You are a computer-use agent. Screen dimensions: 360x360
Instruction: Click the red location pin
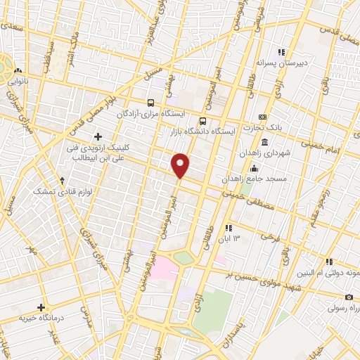pyautogui.click(x=181, y=165)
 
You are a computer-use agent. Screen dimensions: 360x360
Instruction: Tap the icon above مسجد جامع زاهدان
pyautogui.click(x=254, y=169)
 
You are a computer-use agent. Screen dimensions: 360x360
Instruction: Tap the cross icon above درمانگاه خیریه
pyautogui.click(x=41, y=307)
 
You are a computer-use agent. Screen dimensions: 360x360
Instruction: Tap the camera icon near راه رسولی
pyautogui.click(x=349, y=297)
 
